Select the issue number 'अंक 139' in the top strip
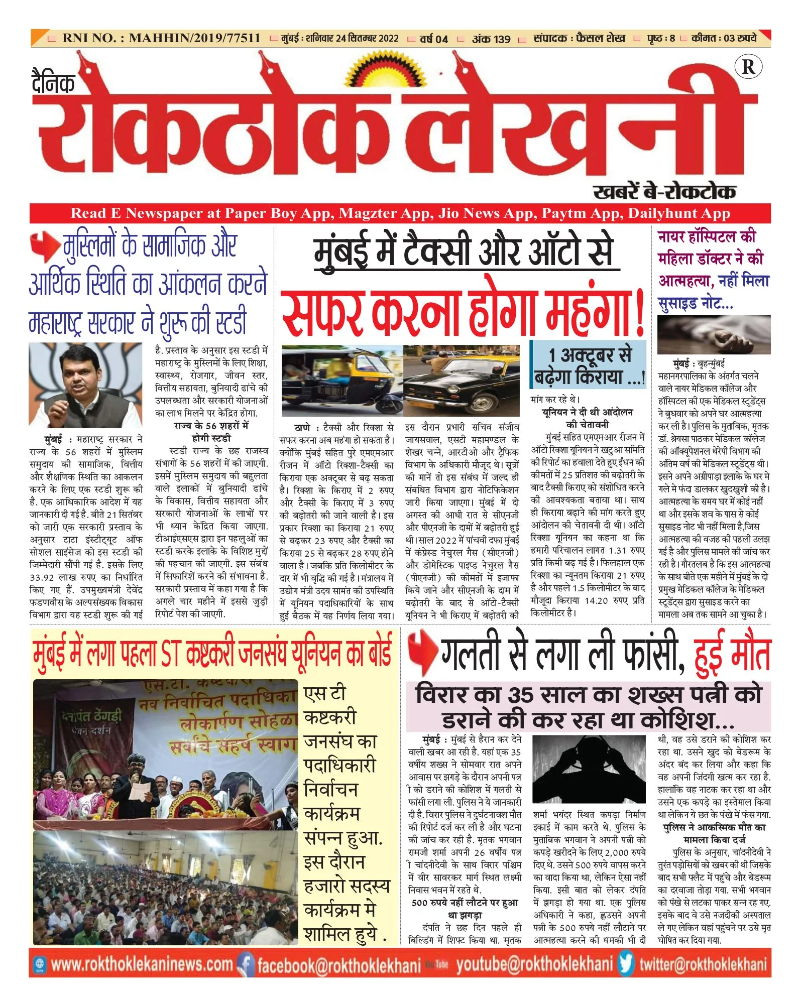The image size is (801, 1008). pos(491,39)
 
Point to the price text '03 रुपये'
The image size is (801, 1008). pos(740,38)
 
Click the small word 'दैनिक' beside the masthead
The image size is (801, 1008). pos(53,83)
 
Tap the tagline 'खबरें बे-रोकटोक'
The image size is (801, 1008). pos(664,192)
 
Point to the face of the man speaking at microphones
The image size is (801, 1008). pos(83,372)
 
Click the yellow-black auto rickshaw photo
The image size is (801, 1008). pos(340,380)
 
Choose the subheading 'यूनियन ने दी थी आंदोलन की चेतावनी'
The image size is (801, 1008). pos(587,418)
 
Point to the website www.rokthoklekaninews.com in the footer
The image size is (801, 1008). pos(142,964)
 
